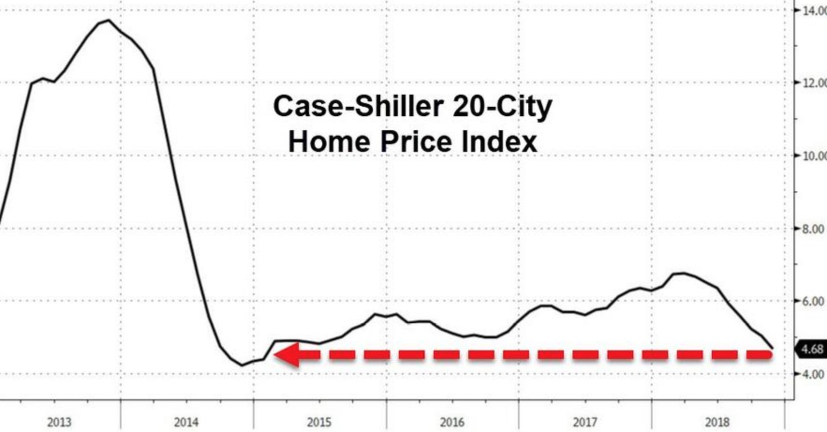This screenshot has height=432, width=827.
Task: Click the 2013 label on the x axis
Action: (59, 422)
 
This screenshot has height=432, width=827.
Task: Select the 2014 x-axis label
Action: (186, 422)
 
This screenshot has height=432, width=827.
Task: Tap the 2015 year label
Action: (319, 422)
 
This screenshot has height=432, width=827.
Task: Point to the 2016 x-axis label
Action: (452, 422)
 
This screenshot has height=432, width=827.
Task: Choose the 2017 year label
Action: (585, 422)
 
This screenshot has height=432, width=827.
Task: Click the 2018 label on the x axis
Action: (717, 422)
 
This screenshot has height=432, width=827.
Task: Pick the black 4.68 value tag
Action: (812, 350)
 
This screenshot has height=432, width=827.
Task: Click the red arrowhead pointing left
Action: (288, 355)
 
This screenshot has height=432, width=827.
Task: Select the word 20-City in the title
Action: (502, 107)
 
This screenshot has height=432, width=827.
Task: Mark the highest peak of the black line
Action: (109, 20)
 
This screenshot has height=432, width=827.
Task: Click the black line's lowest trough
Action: (242, 365)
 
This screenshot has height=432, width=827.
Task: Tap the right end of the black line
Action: (772, 348)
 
